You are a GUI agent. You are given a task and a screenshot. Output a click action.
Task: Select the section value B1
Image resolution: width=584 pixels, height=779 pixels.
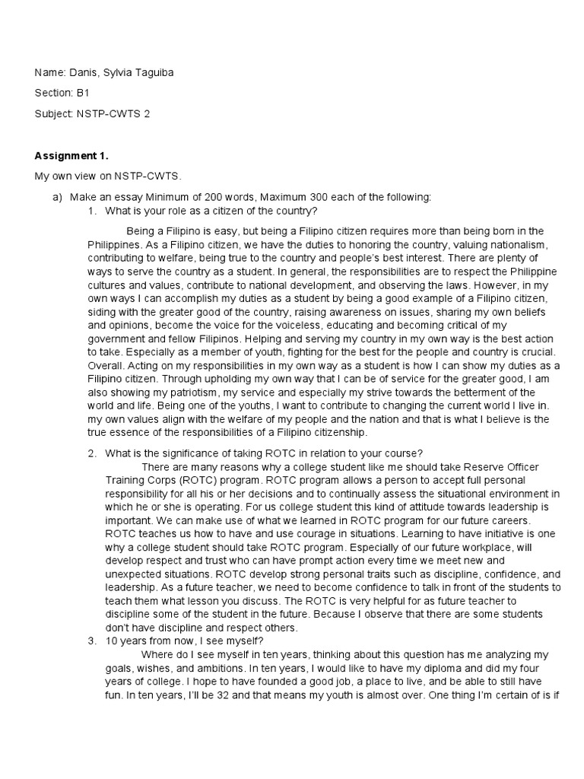81,94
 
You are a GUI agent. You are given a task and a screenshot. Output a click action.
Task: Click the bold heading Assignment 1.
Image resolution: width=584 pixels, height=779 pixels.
71,156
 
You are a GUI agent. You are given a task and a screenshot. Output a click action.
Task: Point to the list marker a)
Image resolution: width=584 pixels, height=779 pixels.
57,197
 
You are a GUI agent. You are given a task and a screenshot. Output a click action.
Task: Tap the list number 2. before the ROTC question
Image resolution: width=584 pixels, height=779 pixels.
91,453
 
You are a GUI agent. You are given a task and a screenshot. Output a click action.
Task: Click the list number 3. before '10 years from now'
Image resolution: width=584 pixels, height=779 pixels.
91,641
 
